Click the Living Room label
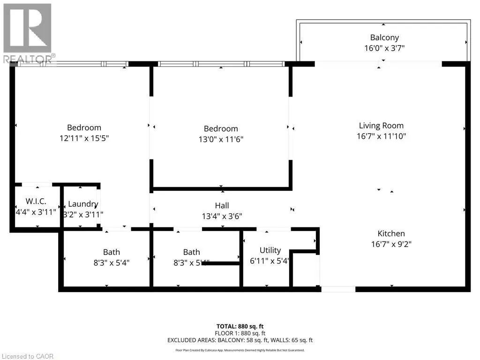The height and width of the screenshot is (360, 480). [x=381, y=126]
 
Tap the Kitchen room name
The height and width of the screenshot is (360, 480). [x=391, y=233]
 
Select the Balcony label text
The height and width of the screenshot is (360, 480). [x=384, y=37]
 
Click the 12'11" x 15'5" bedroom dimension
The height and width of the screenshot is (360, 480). [x=84, y=138]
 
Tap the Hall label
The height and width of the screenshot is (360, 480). [x=222, y=205]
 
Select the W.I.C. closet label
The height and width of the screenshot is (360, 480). [x=36, y=201]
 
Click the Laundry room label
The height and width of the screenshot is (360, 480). [x=83, y=204]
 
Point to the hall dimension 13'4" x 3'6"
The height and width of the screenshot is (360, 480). [x=222, y=216]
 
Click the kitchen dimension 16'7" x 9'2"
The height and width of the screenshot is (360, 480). [x=391, y=244]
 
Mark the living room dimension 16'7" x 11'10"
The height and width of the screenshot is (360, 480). [x=381, y=136]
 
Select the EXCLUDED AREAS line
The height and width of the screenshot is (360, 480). [x=240, y=340]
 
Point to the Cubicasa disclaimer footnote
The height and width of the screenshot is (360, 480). [x=240, y=350]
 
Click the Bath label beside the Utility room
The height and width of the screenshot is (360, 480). [x=191, y=252]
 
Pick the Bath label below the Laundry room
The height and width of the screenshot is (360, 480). [x=112, y=252]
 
